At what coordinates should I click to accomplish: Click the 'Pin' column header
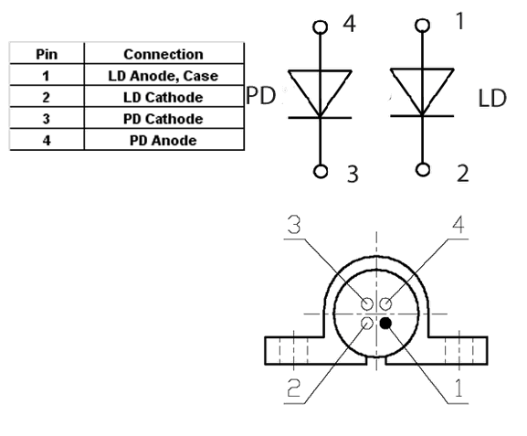(47, 54)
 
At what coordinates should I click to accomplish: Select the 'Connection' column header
(163, 54)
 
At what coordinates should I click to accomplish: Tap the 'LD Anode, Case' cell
(163, 76)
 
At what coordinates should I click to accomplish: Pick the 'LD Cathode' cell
(163, 97)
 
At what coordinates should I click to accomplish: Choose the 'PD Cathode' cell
(163, 119)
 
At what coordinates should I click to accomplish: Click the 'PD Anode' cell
(163, 140)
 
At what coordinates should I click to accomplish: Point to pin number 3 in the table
(47, 119)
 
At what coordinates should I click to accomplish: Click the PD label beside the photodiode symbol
(261, 96)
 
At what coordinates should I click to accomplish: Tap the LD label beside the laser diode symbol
(492, 98)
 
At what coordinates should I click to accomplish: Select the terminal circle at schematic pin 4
(320, 27)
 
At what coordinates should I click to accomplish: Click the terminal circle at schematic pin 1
(422, 26)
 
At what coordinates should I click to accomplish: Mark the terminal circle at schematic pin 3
(321, 171)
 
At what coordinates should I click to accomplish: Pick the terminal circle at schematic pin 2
(423, 170)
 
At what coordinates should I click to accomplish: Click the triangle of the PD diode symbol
(320, 86)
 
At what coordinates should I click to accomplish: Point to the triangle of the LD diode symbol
(422, 84)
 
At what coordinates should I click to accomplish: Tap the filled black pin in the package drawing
(385, 324)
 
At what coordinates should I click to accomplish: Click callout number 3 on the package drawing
(294, 225)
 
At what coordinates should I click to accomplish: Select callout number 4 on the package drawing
(458, 225)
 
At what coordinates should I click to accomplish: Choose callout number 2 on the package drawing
(293, 388)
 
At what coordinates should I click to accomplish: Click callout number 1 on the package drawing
(458, 388)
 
